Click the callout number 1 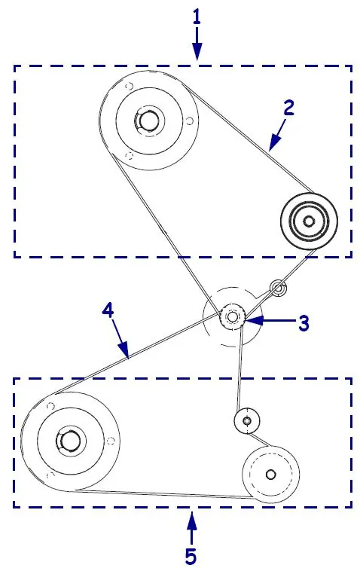coord(197,17)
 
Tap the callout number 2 coord(288,108)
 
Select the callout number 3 coord(304,322)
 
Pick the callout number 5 coord(191,556)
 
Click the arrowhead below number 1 coord(197,51)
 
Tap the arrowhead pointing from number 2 coord(274,143)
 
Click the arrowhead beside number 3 coord(253,320)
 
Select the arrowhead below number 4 coord(124,350)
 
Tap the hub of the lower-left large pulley coord(69,441)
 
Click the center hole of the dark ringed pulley coord(309,221)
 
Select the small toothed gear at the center coord(232,316)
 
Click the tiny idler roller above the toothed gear coord(278,289)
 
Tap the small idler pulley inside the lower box coord(247,421)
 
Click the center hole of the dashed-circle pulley coord(270,475)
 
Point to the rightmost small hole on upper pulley coord(189,121)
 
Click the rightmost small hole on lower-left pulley coord(111,441)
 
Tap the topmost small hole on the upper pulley coord(129,87)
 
